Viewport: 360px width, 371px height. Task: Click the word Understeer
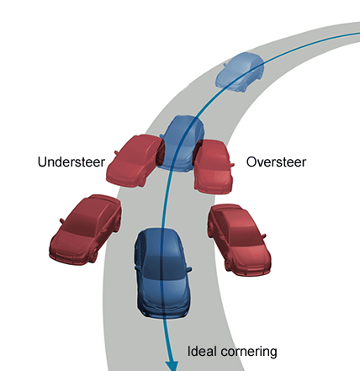[x=71, y=162]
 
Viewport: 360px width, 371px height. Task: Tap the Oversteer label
[x=276, y=162]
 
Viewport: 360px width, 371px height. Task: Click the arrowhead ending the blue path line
[x=172, y=366]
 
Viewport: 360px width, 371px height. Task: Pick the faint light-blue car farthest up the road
[x=240, y=72]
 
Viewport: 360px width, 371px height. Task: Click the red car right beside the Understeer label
[x=134, y=161]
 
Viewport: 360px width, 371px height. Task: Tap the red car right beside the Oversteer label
[x=214, y=167]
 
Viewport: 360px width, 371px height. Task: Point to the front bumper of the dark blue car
[x=163, y=310]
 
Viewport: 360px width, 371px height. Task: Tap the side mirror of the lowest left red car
[x=61, y=220]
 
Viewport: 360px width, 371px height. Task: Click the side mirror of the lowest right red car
[x=263, y=236]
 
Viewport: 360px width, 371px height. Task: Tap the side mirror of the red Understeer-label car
[x=116, y=153]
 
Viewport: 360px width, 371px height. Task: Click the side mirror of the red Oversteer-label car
[x=232, y=165]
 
